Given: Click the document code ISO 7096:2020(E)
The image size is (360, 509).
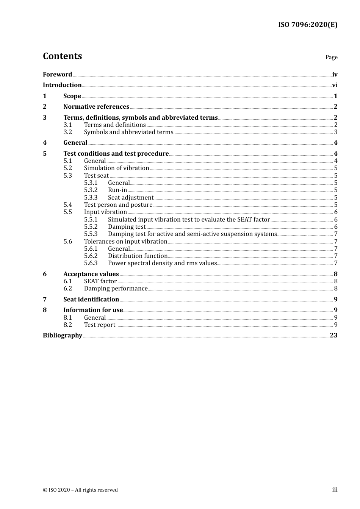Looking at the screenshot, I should [x=307, y=25].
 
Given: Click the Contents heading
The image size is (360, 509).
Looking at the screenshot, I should [x=62, y=56].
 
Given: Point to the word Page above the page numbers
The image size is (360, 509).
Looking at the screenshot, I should [x=331, y=57].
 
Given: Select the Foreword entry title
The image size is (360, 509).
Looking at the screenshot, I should [x=57, y=75].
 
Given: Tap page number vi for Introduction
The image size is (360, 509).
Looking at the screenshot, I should [x=335, y=85].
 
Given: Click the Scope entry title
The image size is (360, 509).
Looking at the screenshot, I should [x=72, y=96].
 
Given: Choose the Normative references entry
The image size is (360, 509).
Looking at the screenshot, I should [x=96, y=107].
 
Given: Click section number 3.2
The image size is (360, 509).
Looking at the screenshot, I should [x=67, y=132].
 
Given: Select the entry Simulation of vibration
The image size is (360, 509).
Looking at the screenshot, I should [x=116, y=168].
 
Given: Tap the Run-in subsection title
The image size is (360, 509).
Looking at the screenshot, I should [x=117, y=190].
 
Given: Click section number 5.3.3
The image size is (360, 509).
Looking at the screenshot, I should [x=91, y=198].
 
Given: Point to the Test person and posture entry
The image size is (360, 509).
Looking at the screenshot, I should [x=118, y=205].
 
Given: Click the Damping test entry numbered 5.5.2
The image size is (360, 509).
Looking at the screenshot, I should [x=127, y=227].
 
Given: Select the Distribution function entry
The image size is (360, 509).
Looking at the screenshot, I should [x=138, y=256].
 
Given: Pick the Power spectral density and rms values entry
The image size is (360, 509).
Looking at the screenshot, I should [x=162, y=263].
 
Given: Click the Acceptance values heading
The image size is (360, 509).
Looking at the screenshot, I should [x=91, y=274].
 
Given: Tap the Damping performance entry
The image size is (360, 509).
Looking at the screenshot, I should [x=116, y=289].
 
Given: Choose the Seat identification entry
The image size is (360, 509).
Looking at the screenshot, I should [x=91, y=300].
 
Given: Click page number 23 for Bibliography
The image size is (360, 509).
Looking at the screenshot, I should [x=333, y=336].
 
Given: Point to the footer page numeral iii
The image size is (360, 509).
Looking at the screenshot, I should [x=335, y=490].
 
